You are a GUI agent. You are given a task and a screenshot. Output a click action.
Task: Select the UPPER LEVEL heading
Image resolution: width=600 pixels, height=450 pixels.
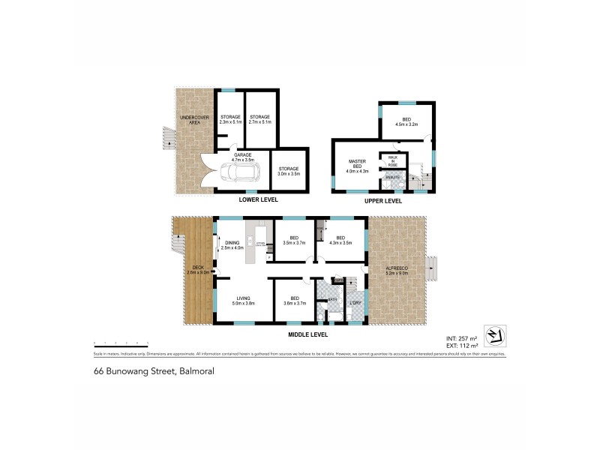pyautogui.click(x=382, y=201)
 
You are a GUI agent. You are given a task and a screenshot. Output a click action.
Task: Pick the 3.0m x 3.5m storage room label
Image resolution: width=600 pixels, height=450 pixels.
pyautogui.click(x=289, y=171)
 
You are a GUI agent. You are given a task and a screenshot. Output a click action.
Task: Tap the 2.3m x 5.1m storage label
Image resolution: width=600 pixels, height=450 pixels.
pyautogui.click(x=229, y=118)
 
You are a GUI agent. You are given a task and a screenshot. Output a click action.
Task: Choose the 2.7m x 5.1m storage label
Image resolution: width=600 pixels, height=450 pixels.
pyautogui.click(x=260, y=118)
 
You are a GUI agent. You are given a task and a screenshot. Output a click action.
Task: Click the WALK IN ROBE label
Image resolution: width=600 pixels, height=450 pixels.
pyautogui.click(x=392, y=160)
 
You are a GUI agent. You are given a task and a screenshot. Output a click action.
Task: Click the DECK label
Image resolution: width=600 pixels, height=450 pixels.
pyautogui.click(x=198, y=269)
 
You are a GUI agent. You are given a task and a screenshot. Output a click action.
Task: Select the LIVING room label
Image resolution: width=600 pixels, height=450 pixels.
pyautogui.click(x=244, y=301)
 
